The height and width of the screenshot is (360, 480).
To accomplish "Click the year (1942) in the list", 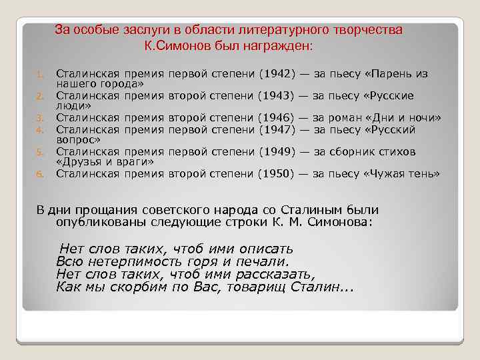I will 275,73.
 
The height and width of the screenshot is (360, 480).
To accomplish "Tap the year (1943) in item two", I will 275,96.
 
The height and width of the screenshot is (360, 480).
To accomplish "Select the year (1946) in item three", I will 275,118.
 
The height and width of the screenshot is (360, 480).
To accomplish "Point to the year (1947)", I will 275,129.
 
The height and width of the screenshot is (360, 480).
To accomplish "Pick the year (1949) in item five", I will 275,152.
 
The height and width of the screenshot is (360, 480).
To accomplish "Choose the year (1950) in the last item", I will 275,174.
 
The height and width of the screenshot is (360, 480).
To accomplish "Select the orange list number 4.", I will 40,130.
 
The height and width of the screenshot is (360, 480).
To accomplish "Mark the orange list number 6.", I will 40,175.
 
